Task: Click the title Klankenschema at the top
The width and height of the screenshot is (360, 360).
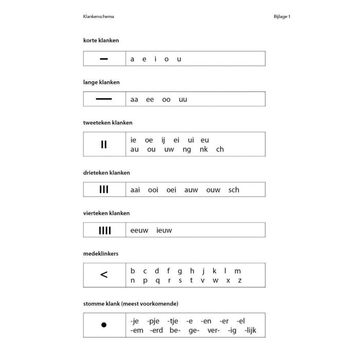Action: tap(98, 16)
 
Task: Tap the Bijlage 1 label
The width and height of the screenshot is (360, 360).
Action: tap(282, 16)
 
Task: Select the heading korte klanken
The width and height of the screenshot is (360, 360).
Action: tap(101, 40)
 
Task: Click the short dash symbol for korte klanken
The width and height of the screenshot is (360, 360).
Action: tap(104, 59)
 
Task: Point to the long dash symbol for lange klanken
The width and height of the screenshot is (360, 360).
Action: tap(104, 99)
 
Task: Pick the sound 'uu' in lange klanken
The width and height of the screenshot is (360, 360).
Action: tap(183, 99)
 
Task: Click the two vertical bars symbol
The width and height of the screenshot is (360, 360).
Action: tap(104, 145)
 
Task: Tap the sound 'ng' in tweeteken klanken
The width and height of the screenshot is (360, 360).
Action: tap(187, 150)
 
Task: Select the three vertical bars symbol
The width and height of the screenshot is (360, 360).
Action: tap(104, 190)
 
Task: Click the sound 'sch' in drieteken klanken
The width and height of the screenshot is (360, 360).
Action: tap(233, 190)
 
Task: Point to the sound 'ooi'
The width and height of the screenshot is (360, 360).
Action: tap(153, 190)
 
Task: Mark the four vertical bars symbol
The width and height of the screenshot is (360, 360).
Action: tap(104, 230)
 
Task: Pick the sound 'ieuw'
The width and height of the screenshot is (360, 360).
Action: tap(164, 230)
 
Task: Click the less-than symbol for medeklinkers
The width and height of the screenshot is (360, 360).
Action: tap(104, 275)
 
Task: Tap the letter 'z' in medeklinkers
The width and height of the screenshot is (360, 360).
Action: tap(240, 280)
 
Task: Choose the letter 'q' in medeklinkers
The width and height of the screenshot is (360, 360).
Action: tap(156, 281)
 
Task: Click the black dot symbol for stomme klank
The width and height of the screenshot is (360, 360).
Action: tap(104, 325)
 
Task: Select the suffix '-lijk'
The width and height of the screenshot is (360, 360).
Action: tap(250, 330)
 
